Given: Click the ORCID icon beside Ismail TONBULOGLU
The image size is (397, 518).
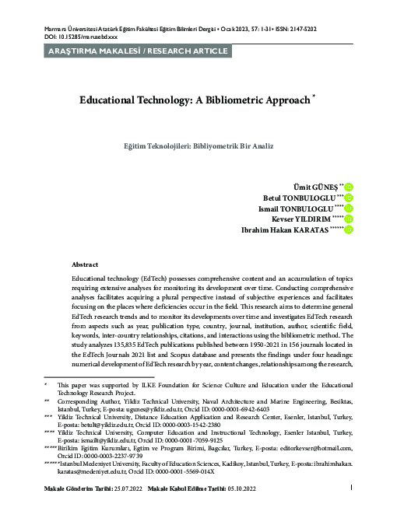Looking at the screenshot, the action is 349,208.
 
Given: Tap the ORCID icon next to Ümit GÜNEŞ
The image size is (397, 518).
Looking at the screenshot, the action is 349,187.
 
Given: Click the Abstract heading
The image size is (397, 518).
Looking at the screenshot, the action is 84,264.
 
